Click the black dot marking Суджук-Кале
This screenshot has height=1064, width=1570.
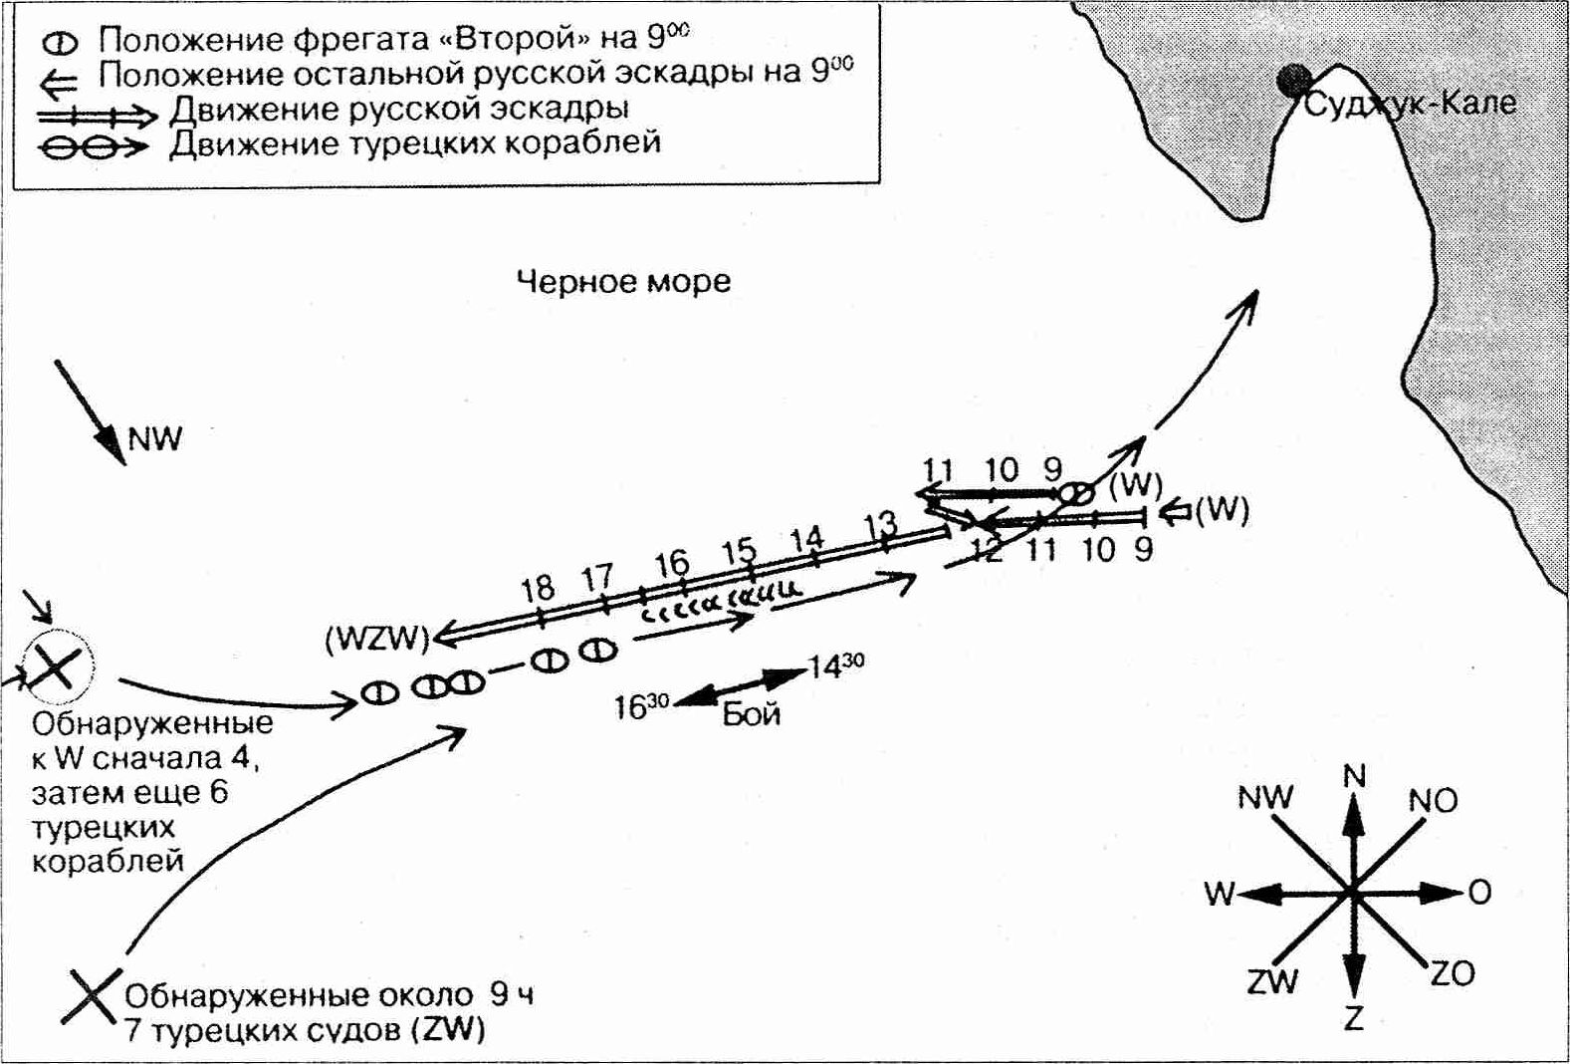click(1293, 82)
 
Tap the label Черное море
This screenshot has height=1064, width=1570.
click(624, 282)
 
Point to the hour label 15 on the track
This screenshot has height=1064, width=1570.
click(739, 551)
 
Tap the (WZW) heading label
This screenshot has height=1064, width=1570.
click(377, 641)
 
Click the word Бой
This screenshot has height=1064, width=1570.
click(752, 714)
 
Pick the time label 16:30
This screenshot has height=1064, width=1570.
click(642, 707)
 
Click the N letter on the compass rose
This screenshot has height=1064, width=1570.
click(1354, 776)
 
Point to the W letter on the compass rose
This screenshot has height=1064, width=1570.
click(1220, 895)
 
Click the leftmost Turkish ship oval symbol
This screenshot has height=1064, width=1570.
click(380, 693)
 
